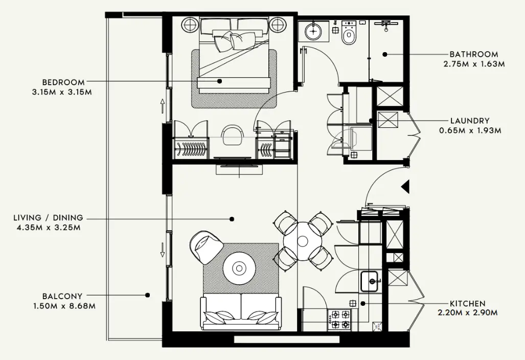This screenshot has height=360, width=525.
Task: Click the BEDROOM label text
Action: click(x=63, y=82)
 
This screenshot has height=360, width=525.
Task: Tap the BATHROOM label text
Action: click(x=473, y=54)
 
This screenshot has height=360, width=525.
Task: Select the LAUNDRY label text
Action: click(x=470, y=121)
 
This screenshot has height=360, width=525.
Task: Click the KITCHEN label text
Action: click(x=467, y=303)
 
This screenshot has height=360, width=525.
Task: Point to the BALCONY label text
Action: click(x=62, y=296)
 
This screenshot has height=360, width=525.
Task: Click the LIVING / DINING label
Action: click(x=48, y=218)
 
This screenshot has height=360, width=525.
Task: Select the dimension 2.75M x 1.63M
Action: click(x=474, y=64)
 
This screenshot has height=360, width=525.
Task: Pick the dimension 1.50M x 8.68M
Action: click(x=62, y=306)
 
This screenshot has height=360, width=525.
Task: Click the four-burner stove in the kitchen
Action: click(x=340, y=319)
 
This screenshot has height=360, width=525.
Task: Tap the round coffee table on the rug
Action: click(x=239, y=267)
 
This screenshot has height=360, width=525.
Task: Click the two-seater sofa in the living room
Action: click(x=241, y=312)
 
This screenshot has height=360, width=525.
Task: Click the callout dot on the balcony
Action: click(x=147, y=295)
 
